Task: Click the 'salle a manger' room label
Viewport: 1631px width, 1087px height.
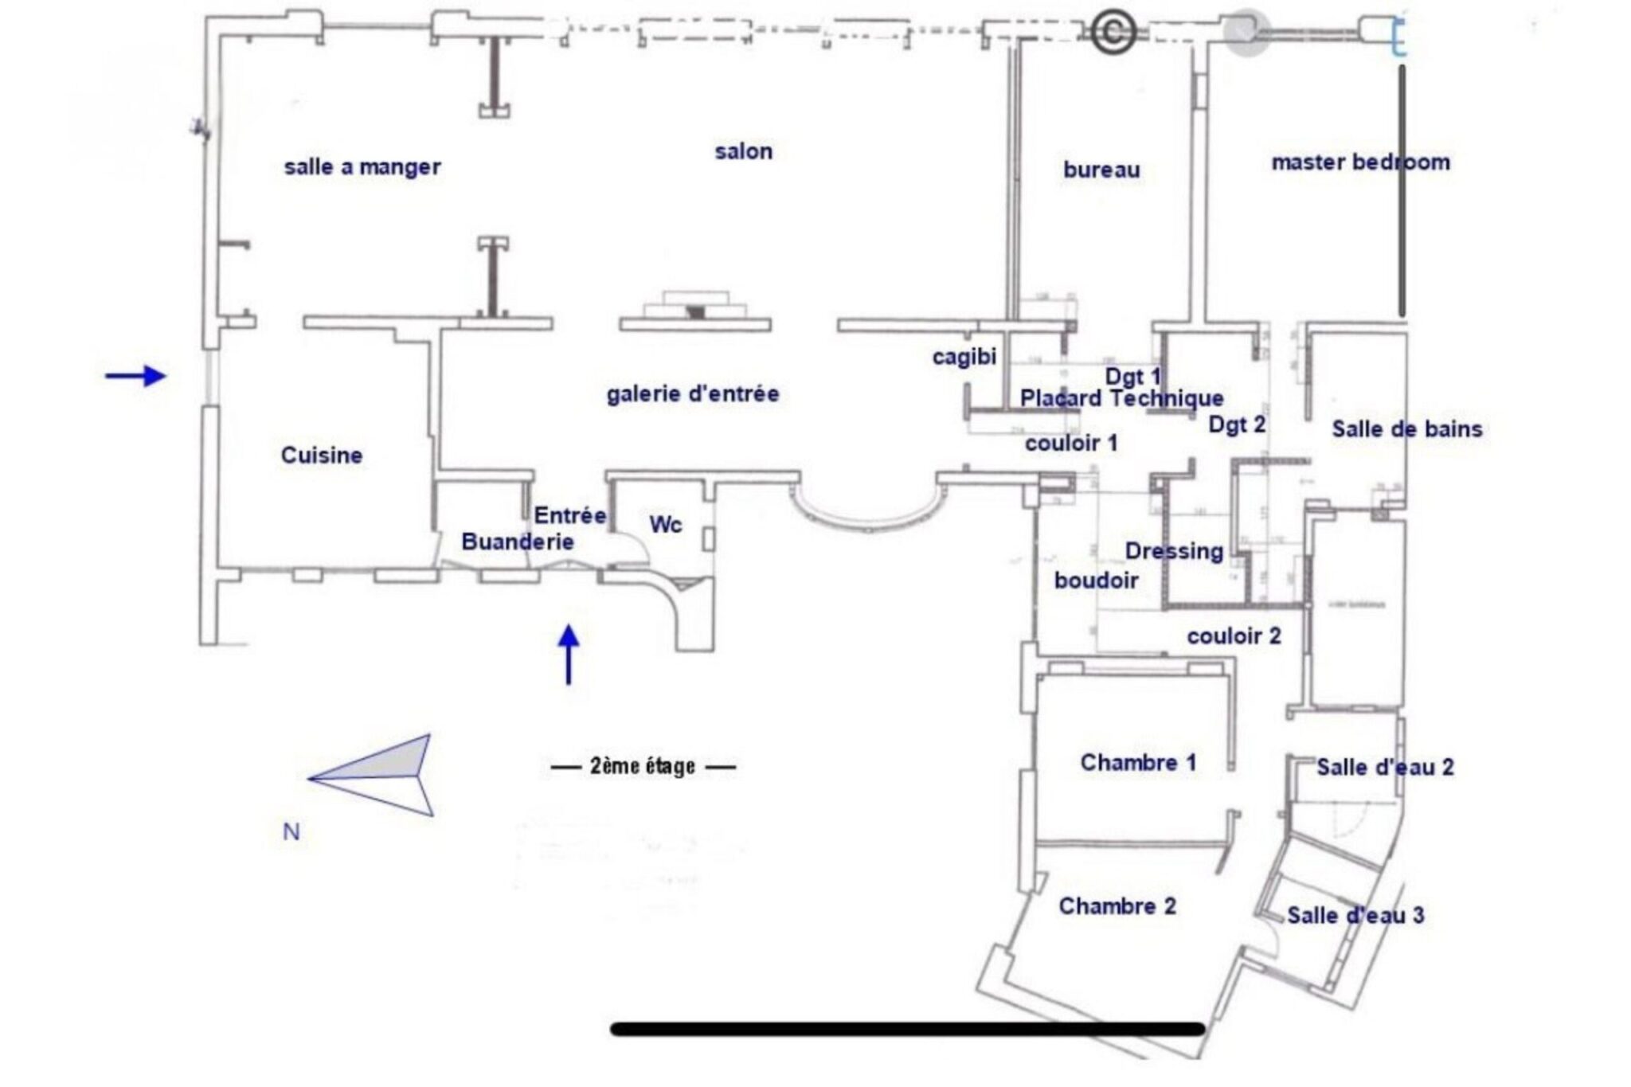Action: tap(362, 167)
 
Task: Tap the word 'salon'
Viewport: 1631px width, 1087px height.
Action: tap(743, 151)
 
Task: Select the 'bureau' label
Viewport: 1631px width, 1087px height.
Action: tap(1101, 170)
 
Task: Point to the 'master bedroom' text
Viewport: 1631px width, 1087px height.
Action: tap(1360, 162)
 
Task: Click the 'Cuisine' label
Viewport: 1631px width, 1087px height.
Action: tap(322, 456)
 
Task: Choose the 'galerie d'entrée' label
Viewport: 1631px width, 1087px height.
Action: tap(693, 393)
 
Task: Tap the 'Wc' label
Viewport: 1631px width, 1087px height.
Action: tap(666, 525)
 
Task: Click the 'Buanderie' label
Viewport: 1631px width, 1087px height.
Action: tap(518, 542)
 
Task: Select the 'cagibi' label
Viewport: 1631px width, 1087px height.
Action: tap(964, 357)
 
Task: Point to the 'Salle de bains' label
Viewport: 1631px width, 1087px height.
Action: tap(1407, 429)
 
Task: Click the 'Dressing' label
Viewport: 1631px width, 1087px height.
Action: tap(1174, 551)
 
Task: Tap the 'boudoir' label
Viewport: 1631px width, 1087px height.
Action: tap(1096, 581)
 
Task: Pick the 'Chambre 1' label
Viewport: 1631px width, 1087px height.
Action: tap(1138, 763)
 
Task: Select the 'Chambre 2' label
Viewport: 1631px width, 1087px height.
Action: tap(1117, 906)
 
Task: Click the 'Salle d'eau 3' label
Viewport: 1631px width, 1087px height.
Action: tap(1355, 916)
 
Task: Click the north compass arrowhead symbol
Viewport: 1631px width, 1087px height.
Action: tap(374, 776)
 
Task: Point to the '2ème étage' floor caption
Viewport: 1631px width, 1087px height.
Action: tap(643, 767)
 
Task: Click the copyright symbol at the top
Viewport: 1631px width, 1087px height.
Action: tap(1113, 33)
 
